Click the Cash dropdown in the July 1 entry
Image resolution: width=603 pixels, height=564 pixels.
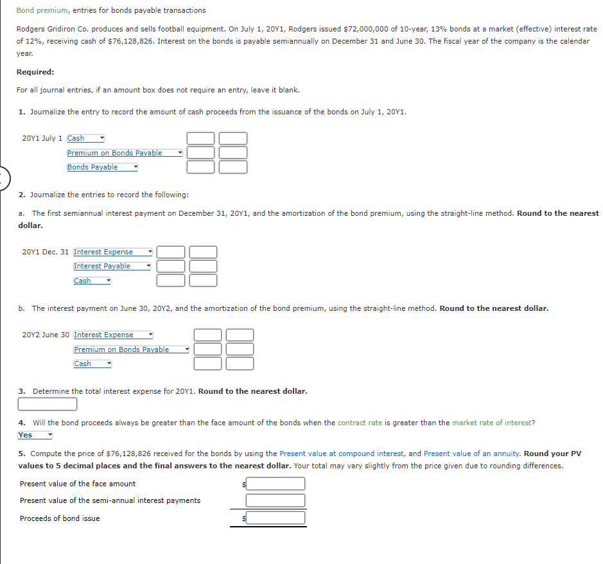click(85, 138)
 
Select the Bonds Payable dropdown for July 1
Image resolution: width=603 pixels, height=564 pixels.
click(102, 167)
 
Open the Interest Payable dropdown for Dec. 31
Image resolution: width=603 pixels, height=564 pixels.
click(112, 266)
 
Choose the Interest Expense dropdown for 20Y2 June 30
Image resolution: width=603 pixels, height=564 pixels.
click(113, 335)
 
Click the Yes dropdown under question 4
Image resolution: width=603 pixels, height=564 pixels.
click(35, 435)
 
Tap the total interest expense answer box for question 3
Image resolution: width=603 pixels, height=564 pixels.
click(48, 404)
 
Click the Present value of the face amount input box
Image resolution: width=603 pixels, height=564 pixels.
click(275, 484)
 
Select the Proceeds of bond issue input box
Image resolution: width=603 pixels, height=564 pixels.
click(275, 518)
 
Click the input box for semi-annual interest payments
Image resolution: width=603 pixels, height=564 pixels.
click(275, 500)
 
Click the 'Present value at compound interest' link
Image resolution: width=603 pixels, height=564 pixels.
click(342, 454)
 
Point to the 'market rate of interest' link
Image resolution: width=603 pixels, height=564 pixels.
click(492, 423)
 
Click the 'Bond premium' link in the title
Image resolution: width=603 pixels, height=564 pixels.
click(42, 10)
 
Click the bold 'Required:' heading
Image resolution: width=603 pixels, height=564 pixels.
click(35, 72)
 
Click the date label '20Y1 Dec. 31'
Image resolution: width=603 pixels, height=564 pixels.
click(45, 252)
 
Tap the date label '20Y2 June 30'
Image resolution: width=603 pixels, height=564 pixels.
click(46, 335)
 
